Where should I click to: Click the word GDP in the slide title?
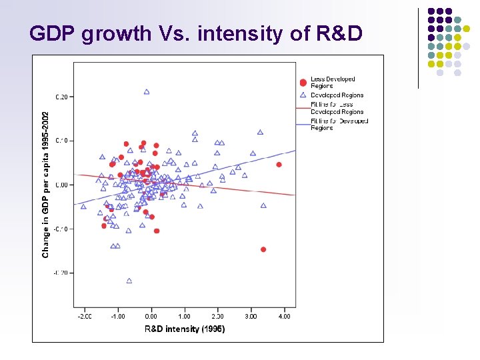pyautogui.click(x=53, y=33)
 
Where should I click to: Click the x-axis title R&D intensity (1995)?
pyautogui.click(x=185, y=329)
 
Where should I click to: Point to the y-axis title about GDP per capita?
pyautogui.click(x=46, y=185)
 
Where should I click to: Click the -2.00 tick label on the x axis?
pyautogui.click(x=85, y=316)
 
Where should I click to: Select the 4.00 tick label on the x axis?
pyautogui.click(x=284, y=316)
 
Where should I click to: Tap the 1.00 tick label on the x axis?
pyautogui.click(x=185, y=316)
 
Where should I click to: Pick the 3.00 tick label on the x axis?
pyautogui.click(x=251, y=316)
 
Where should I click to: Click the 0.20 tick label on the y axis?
pyautogui.click(x=61, y=97)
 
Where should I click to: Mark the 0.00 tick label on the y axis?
pyautogui.click(x=61, y=185)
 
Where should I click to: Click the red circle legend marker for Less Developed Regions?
pyautogui.click(x=303, y=83)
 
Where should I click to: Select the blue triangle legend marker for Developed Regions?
pyautogui.click(x=303, y=95)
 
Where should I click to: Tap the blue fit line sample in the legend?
pyautogui.click(x=303, y=121)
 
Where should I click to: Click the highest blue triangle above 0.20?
pyautogui.click(x=147, y=92)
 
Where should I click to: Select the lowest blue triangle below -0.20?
pyautogui.click(x=129, y=281)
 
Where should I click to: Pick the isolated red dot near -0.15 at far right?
pyautogui.click(x=263, y=249)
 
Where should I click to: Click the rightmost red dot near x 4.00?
pyautogui.click(x=279, y=164)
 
